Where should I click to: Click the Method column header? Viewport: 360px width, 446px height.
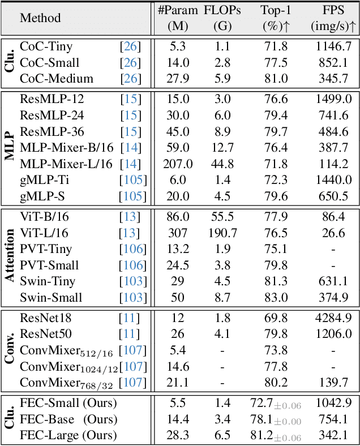(x=40, y=18)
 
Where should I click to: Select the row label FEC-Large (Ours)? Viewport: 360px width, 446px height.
(x=68, y=435)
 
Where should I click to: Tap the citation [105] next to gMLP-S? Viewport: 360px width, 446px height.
(x=132, y=196)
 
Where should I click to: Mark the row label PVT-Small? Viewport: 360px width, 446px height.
(x=49, y=265)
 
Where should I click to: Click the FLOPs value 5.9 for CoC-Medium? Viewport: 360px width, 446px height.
(x=222, y=79)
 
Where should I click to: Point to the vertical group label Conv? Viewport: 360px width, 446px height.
(x=10, y=350)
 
